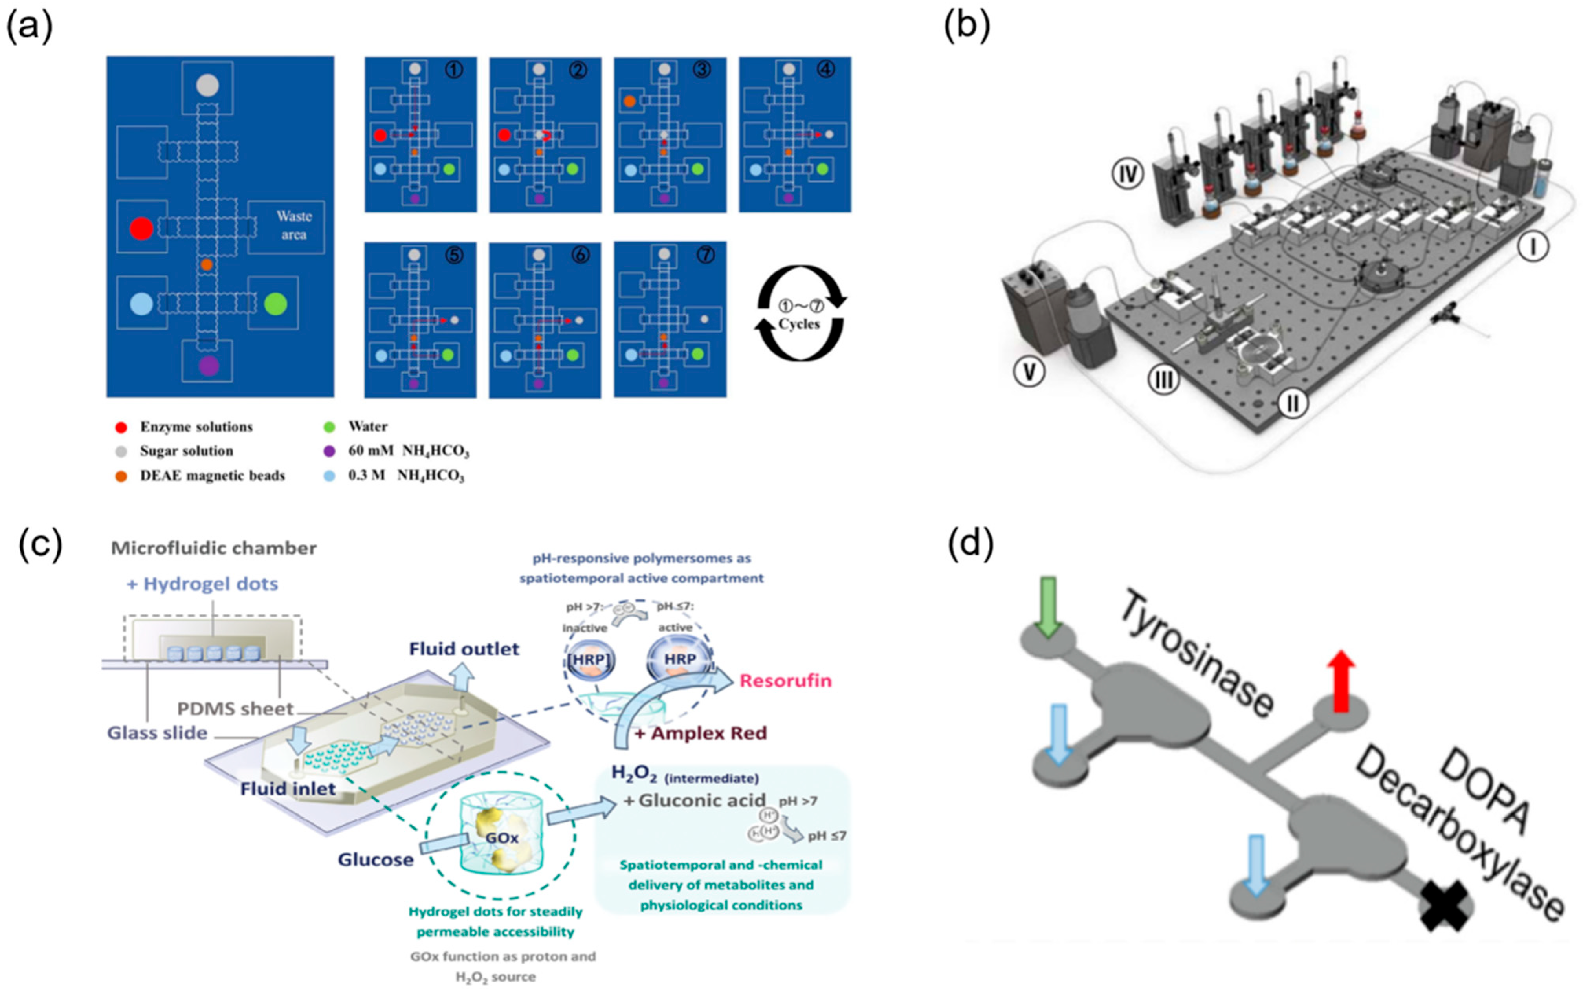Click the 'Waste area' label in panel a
(293, 225)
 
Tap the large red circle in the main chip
(141, 228)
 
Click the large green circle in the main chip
(275, 304)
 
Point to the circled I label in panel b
(1533, 247)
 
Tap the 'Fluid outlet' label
(464, 649)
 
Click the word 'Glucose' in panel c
(376, 859)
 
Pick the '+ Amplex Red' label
(700, 733)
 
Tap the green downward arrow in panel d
(1049, 606)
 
